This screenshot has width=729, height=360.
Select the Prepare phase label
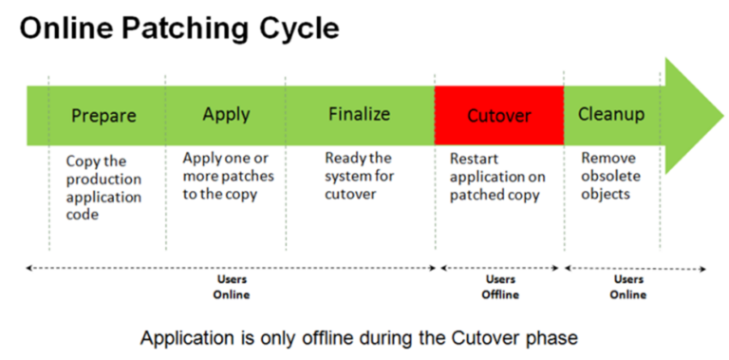tap(103, 116)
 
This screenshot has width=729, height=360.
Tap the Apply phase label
tap(226, 114)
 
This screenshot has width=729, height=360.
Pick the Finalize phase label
tap(359, 114)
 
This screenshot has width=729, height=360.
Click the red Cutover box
tap(499, 116)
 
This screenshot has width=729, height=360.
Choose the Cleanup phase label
tap(611, 114)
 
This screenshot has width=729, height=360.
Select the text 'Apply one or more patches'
tap(228, 176)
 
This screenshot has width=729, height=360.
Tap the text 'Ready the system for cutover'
tap(357, 176)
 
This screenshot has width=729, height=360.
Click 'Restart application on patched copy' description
tap(495, 177)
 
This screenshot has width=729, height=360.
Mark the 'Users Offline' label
tap(500, 287)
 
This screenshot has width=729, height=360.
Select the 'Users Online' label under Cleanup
tap(628, 287)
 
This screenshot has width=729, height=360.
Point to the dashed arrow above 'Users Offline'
tap(500, 269)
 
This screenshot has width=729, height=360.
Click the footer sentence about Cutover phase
tap(358, 337)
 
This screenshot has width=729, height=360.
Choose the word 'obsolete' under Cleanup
tap(610, 177)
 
